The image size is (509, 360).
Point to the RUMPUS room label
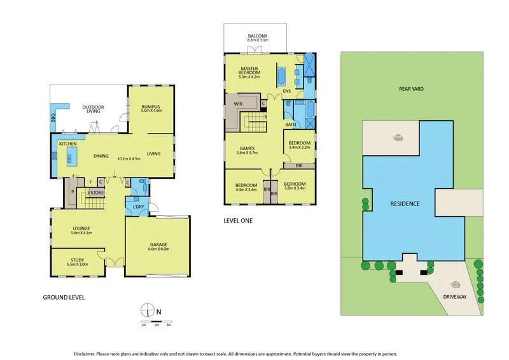click(150, 107)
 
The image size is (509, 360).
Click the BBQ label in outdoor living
click(53, 118)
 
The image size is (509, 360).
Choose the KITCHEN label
click(68, 144)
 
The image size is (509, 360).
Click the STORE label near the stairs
click(96, 192)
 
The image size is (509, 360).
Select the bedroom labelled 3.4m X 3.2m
click(298, 146)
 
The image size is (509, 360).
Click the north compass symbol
click(148, 310)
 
